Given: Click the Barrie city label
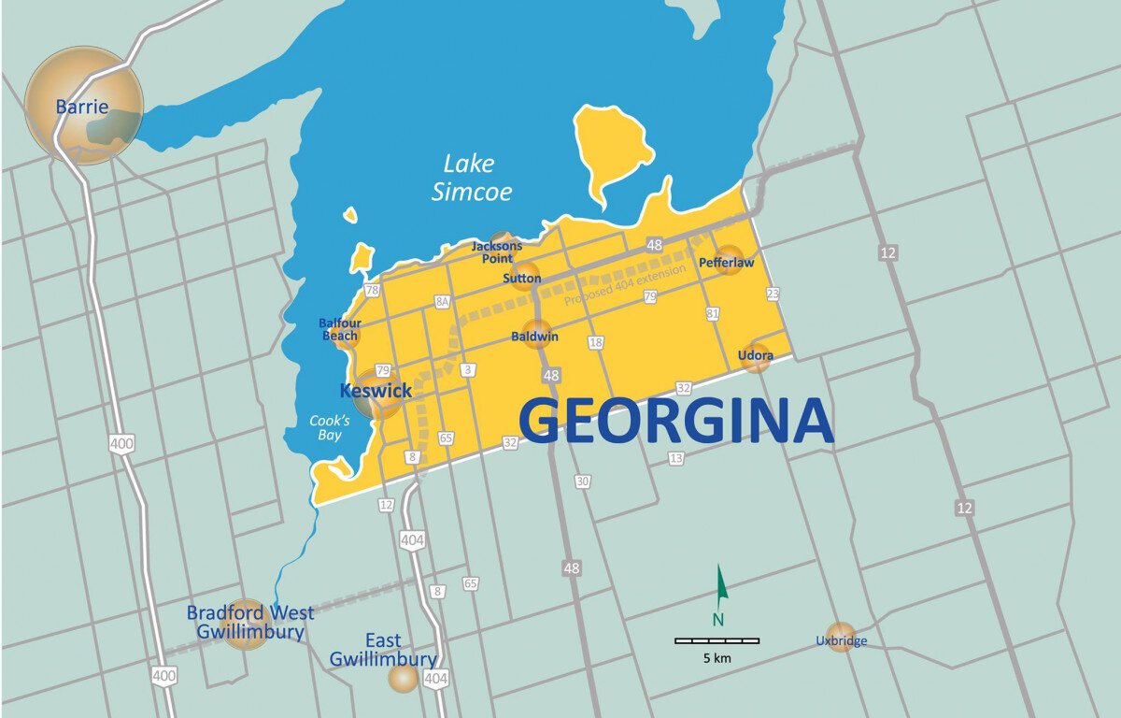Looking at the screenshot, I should [x=81, y=107].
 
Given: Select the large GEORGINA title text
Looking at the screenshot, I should [x=675, y=421].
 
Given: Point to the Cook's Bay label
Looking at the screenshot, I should [x=326, y=427].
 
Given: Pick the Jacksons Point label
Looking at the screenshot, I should [x=496, y=251].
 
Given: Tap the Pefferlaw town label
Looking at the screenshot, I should [x=726, y=263].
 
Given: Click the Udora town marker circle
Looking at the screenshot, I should [x=755, y=357].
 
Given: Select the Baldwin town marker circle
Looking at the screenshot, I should [x=536, y=336].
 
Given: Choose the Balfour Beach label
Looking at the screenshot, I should [x=340, y=329].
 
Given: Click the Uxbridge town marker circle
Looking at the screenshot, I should [x=841, y=637].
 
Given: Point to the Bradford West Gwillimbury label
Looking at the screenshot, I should [x=250, y=622].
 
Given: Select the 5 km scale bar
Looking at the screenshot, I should [x=717, y=640].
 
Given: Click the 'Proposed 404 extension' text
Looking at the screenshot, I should [x=625, y=284].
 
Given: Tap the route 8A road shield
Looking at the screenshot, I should [x=442, y=302].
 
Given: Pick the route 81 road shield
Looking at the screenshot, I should [x=713, y=313].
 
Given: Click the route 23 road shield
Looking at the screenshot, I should [x=772, y=294].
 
